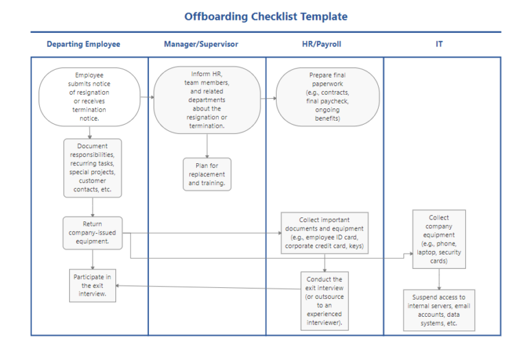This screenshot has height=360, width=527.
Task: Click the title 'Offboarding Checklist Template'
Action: click(x=266, y=16)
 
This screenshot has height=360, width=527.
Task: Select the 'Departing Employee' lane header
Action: click(x=83, y=44)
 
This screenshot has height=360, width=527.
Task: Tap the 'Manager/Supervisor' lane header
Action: click(x=201, y=44)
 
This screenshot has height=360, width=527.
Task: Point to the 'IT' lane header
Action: click(x=439, y=44)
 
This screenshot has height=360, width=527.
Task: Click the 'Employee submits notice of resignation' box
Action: click(x=89, y=97)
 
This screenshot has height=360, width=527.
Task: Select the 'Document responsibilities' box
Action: click(x=93, y=168)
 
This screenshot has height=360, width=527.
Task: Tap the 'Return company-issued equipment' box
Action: click(x=93, y=232)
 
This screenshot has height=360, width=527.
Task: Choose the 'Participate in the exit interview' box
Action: click(x=93, y=285)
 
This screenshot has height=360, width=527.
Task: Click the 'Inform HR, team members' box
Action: click(x=207, y=99)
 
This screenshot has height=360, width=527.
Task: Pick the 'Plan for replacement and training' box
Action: click(x=207, y=174)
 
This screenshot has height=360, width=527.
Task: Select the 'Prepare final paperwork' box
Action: click(x=327, y=97)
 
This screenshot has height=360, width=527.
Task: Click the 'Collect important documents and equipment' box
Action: click(x=325, y=233)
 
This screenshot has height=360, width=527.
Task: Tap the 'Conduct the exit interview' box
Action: click(x=325, y=301)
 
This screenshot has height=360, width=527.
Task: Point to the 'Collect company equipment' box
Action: click(x=439, y=238)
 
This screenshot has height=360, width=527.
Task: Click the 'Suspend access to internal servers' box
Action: click(x=439, y=310)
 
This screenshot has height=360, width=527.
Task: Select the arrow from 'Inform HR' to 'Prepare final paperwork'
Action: click(x=268, y=98)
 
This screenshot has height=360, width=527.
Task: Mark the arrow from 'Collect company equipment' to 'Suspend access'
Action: click(x=439, y=278)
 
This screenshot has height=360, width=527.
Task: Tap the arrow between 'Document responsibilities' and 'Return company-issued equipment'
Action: click(x=93, y=207)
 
